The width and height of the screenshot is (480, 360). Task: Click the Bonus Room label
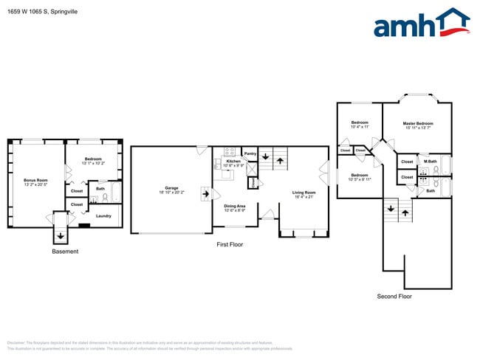[x=35, y=180]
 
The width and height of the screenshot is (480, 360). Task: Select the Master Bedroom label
[x=417, y=123]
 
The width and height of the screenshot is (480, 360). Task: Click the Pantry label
[x=250, y=154]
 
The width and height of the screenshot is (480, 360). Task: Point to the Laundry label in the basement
[x=103, y=216]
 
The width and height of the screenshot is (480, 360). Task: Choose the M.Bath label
[x=430, y=161]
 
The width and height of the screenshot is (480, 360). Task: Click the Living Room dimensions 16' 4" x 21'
[x=303, y=197]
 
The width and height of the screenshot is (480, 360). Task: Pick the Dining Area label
[x=235, y=206]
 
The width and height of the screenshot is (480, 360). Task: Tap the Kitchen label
[x=233, y=161]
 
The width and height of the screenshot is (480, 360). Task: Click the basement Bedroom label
[x=92, y=159]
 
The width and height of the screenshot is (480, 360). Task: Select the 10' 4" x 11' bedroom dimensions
[x=360, y=128]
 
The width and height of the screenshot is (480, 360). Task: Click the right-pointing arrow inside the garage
[x=206, y=195]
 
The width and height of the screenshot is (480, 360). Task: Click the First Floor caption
[x=229, y=244]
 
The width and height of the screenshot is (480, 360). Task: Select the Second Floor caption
[x=394, y=296]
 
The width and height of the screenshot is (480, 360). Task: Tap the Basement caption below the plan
[x=65, y=252]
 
